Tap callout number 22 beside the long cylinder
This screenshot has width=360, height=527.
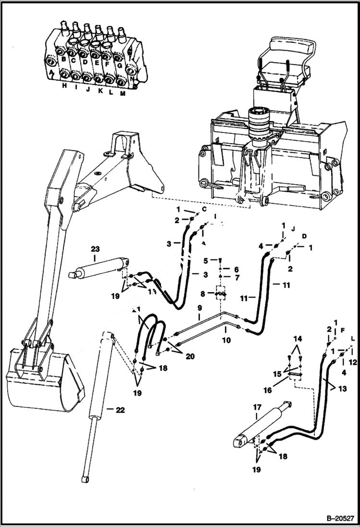point(120,409)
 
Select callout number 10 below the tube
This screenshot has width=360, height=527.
point(226,340)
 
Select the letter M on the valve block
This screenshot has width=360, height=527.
point(123,94)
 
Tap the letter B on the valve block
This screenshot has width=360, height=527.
point(63,60)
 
